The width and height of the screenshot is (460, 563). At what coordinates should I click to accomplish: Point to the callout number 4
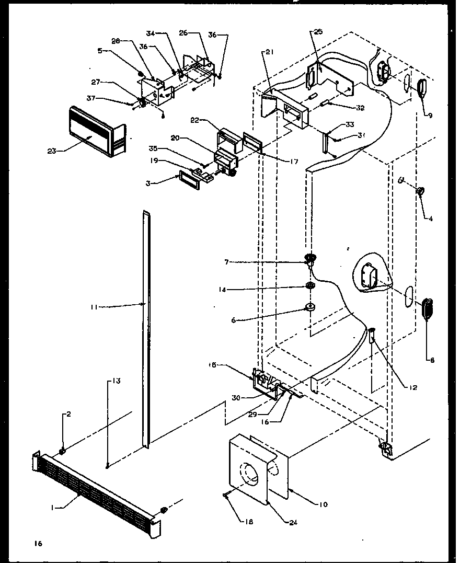pyautogui.click(x=430, y=220)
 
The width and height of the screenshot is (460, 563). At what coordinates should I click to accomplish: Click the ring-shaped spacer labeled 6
pyautogui.click(x=309, y=307)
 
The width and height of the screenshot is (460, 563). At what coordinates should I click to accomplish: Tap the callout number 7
pyautogui.click(x=227, y=261)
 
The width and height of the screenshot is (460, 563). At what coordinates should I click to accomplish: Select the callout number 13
pyautogui.click(x=117, y=381)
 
